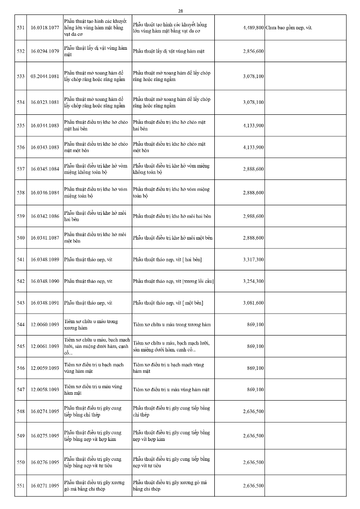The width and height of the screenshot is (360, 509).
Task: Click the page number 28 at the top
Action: click(180, 10)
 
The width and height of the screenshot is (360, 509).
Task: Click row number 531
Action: click(20, 28)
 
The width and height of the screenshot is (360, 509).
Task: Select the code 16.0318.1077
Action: click(45, 28)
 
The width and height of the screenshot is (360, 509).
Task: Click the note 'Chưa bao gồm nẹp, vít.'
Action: click(289, 28)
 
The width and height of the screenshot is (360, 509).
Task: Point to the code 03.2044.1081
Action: click(45, 77)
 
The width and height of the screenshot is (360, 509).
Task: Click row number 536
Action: click(20, 148)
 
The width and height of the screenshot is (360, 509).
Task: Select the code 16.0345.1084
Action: click(45, 170)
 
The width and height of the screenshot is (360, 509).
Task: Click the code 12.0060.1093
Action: click(45, 325)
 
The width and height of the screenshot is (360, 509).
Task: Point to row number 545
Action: click(20, 346)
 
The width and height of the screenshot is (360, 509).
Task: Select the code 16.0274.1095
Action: click(45, 412)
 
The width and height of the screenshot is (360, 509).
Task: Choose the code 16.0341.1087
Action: click(45, 238)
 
